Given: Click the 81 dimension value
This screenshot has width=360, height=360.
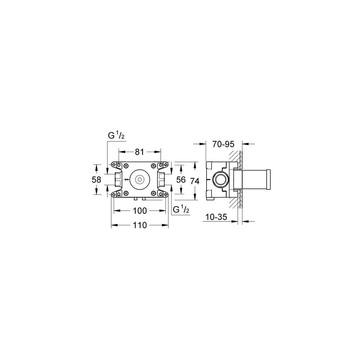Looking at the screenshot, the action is click(139, 152).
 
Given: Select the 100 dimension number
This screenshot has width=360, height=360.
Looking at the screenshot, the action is click(140, 211).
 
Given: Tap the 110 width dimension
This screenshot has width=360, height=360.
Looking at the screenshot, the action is click(140, 225).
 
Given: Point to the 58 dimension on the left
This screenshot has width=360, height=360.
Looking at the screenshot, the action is click(96, 180).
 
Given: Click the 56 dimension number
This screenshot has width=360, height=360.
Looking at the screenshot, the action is click(181, 180).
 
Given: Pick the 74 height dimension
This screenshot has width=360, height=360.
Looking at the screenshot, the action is click(195, 181).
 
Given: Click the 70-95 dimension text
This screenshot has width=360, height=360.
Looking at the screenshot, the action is click(223, 144).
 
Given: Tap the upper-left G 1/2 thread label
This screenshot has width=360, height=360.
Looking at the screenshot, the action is click(116, 136).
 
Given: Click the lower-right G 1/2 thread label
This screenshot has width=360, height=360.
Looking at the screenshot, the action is click(181, 209).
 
